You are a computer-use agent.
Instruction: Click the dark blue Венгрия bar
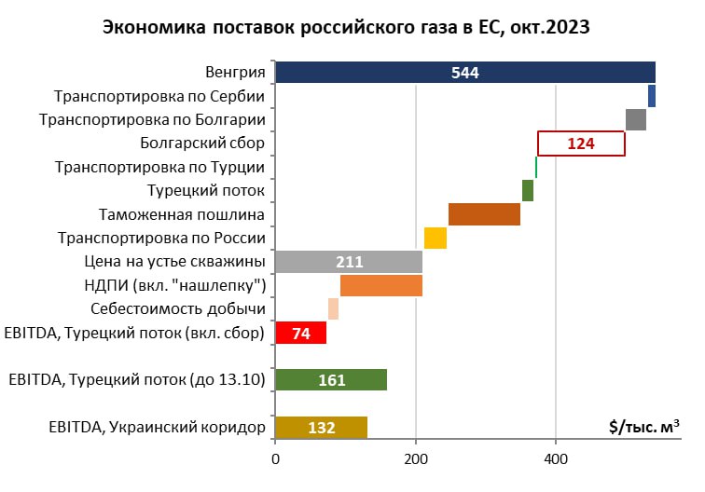click(465, 73)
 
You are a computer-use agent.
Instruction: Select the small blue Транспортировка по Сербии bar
click(652, 96)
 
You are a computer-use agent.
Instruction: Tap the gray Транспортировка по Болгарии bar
click(636, 120)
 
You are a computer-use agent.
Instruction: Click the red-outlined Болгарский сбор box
click(581, 143)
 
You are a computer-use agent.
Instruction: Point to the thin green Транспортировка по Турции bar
click(536, 167)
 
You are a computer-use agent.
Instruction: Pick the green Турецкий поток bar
click(528, 190)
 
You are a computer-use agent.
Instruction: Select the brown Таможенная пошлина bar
click(484, 214)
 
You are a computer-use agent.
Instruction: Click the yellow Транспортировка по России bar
click(435, 239)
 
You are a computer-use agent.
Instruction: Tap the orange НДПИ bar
click(381, 285)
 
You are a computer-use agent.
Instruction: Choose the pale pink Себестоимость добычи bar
click(333, 309)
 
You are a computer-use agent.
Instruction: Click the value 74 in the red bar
click(301, 334)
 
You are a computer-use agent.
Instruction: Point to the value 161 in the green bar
click(332, 380)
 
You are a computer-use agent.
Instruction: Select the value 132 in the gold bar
click(322, 428)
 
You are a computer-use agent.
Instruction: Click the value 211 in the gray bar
click(350, 262)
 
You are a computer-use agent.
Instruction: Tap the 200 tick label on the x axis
click(416, 459)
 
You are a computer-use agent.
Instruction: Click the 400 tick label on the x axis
click(556, 459)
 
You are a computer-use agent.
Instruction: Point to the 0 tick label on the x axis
click(276, 459)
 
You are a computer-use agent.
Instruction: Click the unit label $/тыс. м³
click(643, 426)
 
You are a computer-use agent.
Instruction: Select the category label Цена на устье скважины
click(174, 262)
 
